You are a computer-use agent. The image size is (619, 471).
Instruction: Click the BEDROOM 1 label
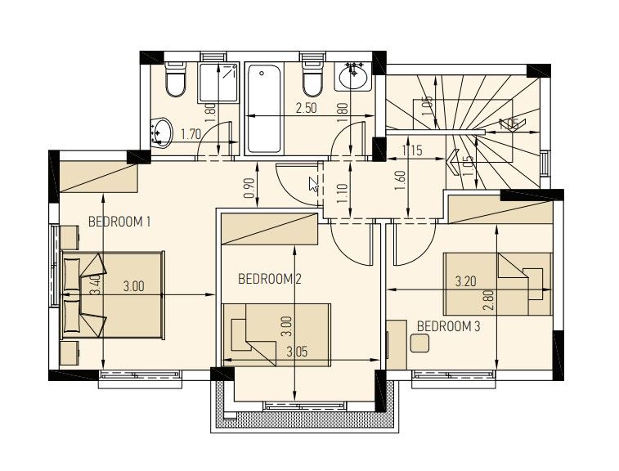pyautogui.click(x=119, y=222)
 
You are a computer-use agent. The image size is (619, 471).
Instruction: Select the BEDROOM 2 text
pyautogui.click(x=270, y=279)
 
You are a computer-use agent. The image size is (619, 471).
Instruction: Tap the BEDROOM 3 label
pyautogui.click(x=448, y=326)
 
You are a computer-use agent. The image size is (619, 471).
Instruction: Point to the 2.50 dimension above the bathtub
pyautogui.click(x=306, y=108)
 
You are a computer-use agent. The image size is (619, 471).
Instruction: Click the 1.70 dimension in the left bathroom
pyautogui.click(x=191, y=133)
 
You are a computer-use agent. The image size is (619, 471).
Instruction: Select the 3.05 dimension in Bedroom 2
pyautogui.click(x=298, y=352)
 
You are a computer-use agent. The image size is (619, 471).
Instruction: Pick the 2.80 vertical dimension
pyautogui.click(x=489, y=298)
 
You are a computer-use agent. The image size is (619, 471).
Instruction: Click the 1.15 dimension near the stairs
pyautogui.click(x=412, y=150)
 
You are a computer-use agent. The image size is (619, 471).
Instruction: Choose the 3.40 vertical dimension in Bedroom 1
pyautogui.click(x=95, y=285)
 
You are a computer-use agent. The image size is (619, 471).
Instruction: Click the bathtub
pyautogui.click(x=263, y=108)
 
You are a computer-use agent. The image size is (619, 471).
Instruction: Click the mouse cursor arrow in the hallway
pyautogui.click(x=313, y=183)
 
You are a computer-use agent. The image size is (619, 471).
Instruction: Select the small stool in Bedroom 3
pyautogui.click(x=420, y=344)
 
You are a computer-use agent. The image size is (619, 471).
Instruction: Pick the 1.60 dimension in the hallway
pyautogui.click(x=400, y=179)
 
